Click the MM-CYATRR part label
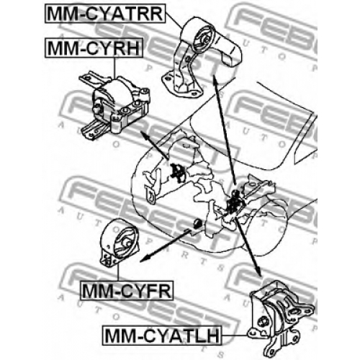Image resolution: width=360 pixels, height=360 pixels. click(x=105, y=14)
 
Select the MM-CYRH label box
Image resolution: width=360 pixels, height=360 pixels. click(x=94, y=48)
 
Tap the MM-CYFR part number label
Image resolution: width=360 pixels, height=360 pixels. click(x=127, y=290)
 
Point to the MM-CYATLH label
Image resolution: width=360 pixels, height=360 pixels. click(x=162, y=336)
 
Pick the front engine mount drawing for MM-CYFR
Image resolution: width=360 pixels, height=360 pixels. click(x=120, y=243)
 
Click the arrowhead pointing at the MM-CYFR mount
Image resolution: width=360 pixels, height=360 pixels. click(x=143, y=259)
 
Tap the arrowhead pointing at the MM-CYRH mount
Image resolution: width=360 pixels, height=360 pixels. click(x=144, y=135)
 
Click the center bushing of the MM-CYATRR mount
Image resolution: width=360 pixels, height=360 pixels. click(x=205, y=40)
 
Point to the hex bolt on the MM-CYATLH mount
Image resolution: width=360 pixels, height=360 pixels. click(x=261, y=321)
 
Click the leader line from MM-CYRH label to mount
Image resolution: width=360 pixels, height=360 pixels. click(x=114, y=68)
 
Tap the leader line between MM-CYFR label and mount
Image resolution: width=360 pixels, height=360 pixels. click(x=118, y=272)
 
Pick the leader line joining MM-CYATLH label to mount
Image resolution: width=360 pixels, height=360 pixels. click(x=235, y=335)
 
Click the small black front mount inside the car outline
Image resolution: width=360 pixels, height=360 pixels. click(x=198, y=223)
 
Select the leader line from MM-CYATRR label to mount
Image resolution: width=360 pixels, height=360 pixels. click(x=174, y=20)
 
